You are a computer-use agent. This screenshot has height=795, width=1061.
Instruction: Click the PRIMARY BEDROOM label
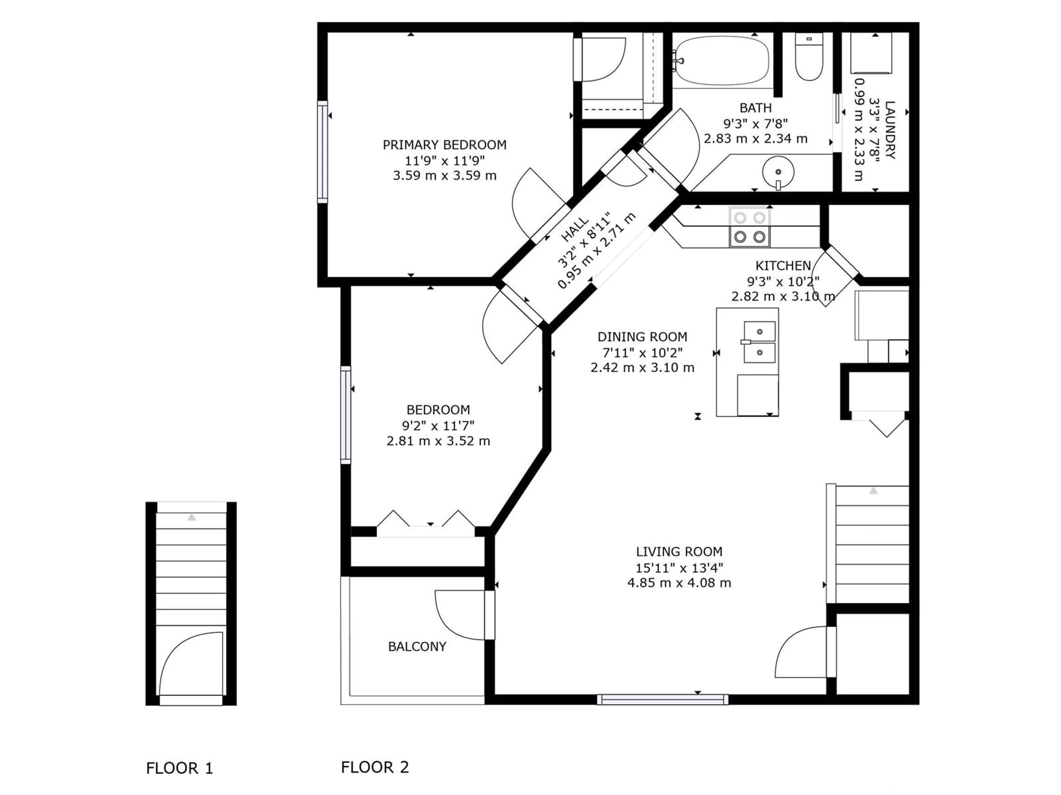(x=444, y=145)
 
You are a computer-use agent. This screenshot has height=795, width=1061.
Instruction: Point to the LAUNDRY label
(x=890, y=130)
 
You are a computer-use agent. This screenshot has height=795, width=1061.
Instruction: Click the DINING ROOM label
(x=642, y=337)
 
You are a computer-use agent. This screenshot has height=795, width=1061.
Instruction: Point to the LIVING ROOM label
(x=679, y=552)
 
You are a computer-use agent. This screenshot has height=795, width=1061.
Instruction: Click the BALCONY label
(x=417, y=646)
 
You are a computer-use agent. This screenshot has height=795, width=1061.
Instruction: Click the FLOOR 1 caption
(x=179, y=769)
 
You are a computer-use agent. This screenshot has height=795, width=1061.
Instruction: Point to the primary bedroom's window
(x=322, y=152)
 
